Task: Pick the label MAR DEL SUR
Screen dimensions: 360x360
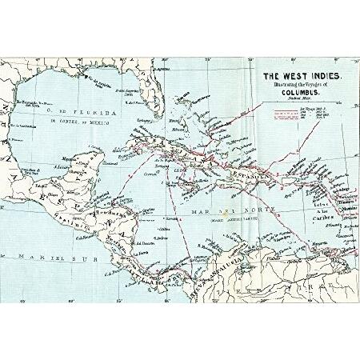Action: click(40, 258)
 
